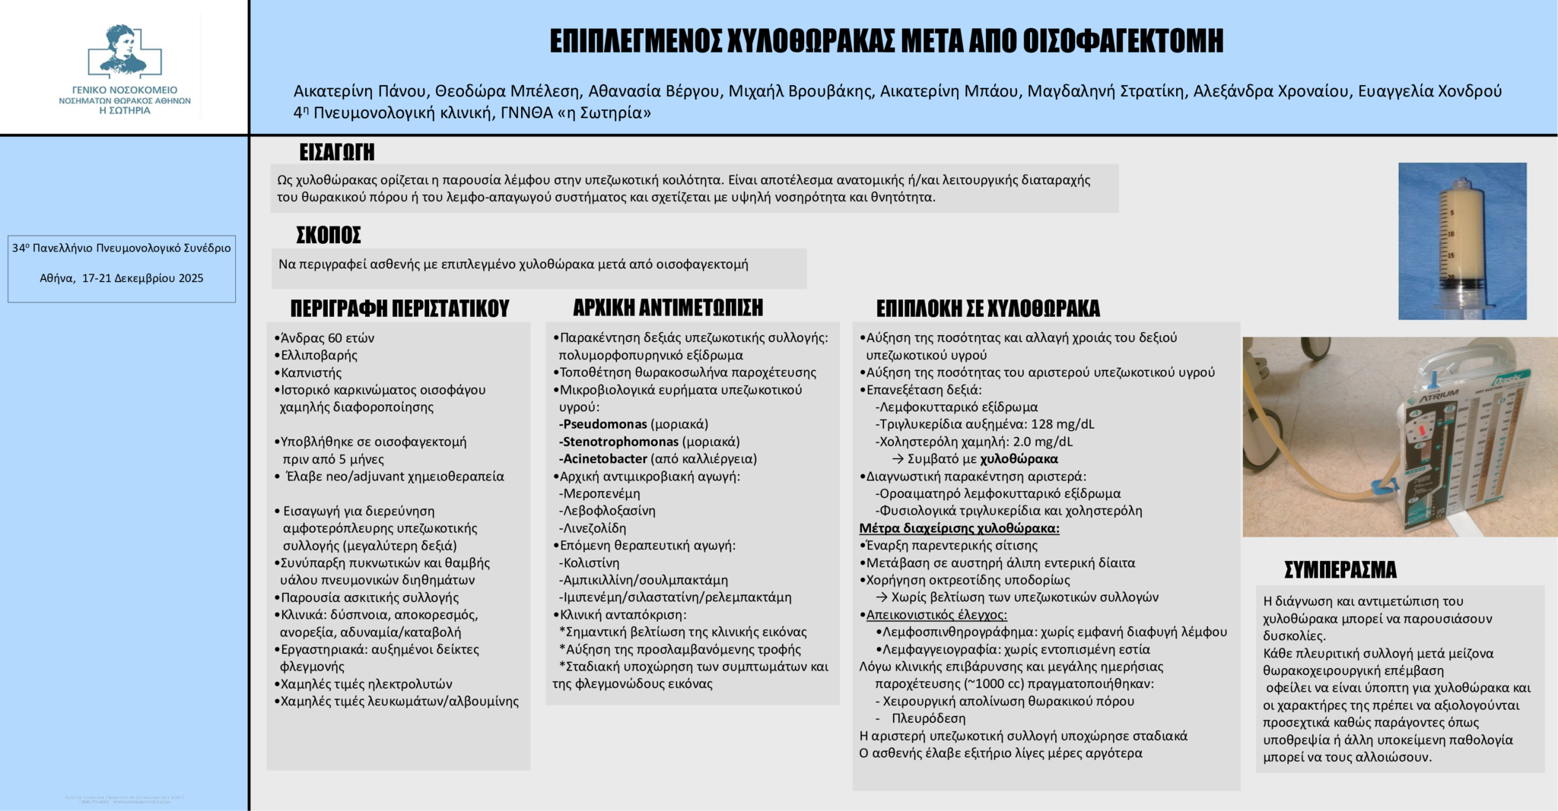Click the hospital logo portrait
coord(123,50)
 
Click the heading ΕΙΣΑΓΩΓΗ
coord(336,152)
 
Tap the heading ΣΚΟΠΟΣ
coord(329,235)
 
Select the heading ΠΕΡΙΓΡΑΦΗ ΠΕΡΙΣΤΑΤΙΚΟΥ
coord(399,309)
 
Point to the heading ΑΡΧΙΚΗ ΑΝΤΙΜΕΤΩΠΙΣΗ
coord(667,308)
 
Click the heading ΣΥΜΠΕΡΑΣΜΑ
coord(1340,569)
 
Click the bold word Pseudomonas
coord(605,424)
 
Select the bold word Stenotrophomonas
coord(620,442)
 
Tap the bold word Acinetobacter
coord(605,459)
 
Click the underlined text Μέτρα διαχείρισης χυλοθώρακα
coord(959,528)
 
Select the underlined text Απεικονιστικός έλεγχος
coord(936,615)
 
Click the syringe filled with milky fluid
coord(1461,242)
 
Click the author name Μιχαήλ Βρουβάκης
coord(800,92)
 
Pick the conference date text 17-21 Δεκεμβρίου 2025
coord(142,279)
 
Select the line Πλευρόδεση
coord(928,718)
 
